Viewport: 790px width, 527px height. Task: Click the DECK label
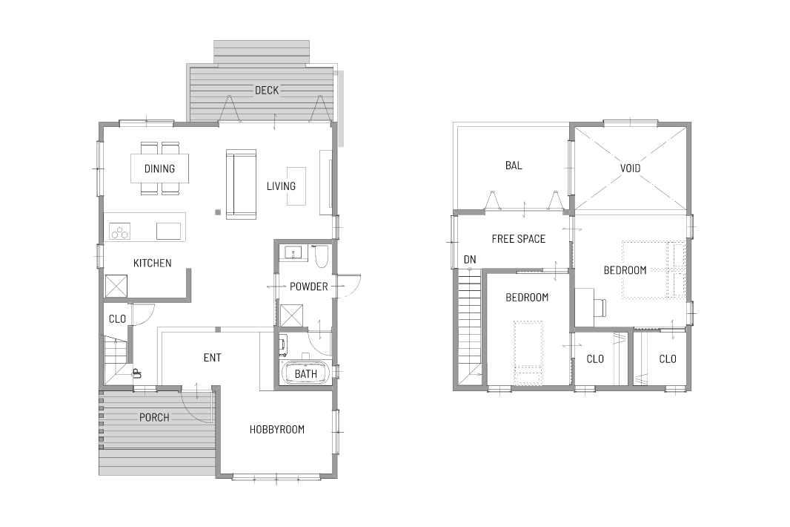[x=267, y=91]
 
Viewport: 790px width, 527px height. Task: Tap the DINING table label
[x=160, y=168]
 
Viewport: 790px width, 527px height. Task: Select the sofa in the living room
[x=241, y=184]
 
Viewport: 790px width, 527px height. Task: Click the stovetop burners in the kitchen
[x=120, y=231]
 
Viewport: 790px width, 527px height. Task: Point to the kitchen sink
[x=168, y=231]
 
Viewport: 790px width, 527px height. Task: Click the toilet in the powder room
[x=321, y=256]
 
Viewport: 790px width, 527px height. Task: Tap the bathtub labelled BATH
[x=306, y=374]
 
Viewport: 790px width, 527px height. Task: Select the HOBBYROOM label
[x=277, y=430]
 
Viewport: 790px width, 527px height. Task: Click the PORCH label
[x=154, y=417]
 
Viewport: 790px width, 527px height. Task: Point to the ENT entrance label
[x=212, y=358]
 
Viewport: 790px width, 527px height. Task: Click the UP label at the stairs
[x=137, y=373]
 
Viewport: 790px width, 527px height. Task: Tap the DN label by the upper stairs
[x=470, y=260]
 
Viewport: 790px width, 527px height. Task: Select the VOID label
[x=630, y=168]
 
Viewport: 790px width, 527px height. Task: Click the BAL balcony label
[x=514, y=166]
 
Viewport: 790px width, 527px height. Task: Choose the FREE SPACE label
[x=519, y=239]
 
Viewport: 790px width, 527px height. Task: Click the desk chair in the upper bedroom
[x=600, y=307]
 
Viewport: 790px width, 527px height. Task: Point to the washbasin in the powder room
[x=293, y=252]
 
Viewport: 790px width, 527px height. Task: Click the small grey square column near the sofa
[x=218, y=212]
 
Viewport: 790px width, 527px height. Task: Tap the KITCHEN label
[x=152, y=263]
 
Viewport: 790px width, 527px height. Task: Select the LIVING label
[x=281, y=186]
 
